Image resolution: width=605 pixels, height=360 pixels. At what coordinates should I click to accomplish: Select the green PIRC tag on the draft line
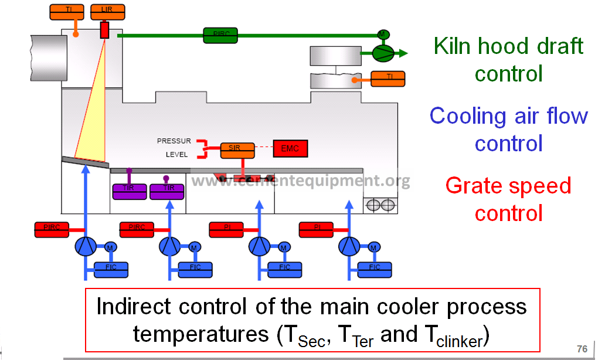220,35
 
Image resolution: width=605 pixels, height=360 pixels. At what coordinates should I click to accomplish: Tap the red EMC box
290,149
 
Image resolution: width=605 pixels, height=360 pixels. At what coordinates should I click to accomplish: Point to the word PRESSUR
174,141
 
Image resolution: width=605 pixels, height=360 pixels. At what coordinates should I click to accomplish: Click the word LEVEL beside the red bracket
176,155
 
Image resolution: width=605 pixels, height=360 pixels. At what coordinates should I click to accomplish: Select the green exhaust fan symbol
383,54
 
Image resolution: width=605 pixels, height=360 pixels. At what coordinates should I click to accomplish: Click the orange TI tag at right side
388,77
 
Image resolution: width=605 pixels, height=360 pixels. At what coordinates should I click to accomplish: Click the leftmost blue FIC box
111,269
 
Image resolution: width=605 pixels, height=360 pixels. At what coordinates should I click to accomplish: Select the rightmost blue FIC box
375,269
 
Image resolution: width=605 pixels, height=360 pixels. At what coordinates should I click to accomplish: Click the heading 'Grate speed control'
508,199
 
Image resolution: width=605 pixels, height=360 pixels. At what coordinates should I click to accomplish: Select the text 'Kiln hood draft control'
508,60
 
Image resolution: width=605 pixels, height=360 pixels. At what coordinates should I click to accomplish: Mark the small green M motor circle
382,34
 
